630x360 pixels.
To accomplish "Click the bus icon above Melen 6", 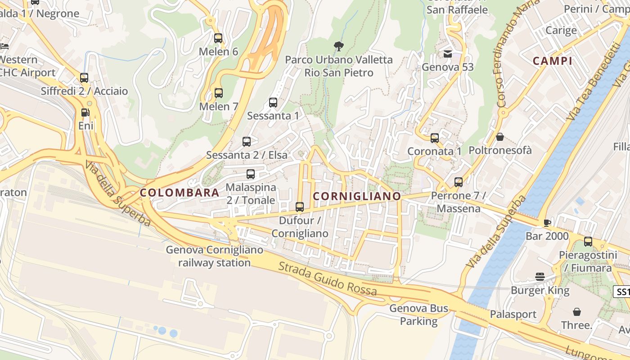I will [x=218, y=38].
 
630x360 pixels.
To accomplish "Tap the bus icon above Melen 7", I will [x=218, y=93].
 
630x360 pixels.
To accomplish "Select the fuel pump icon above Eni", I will [x=85, y=112].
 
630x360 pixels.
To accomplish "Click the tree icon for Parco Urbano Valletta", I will [x=338, y=46].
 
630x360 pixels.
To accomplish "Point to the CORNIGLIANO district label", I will [x=356, y=197].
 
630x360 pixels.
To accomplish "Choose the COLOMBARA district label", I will [x=180, y=193].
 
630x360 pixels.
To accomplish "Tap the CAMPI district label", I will [x=552, y=61].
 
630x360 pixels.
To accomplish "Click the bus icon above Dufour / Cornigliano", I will [x=299, y=207].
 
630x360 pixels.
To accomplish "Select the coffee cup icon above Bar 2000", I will [x=547, y=223].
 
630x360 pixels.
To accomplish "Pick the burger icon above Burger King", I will [x=540, y=277].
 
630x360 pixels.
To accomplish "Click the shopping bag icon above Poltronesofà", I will [x=499, y=137].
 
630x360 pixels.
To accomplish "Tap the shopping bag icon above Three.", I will [x=576, y=312].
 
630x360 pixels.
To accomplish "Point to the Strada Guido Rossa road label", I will [x=328, y=279].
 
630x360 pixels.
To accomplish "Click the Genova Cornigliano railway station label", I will [x=214, y=256].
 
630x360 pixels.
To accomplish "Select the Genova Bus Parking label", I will [x=419, y=315].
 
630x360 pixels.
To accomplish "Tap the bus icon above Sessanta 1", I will [x=273, y=103].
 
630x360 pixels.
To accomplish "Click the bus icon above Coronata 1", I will [x=434, y=138].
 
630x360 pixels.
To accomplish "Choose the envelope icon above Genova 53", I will [x=448, y=54].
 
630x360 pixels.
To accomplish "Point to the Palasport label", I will [x=513, y=314].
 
